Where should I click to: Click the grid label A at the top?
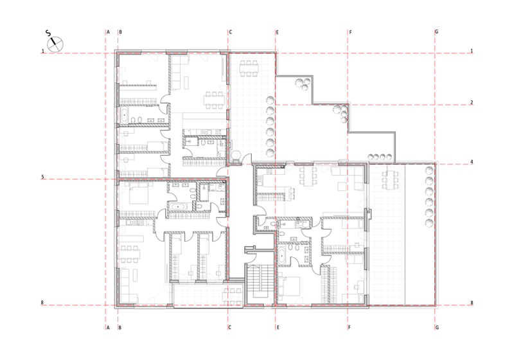point(108,32)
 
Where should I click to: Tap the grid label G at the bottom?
point(437,327)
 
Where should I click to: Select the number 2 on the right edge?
point(472,103)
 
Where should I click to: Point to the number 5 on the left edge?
point(42,177)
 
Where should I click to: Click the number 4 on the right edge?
point(472,162)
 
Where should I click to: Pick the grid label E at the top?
point(278,32)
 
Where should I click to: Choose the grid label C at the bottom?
point(230,327)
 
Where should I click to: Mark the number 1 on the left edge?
point(42,51)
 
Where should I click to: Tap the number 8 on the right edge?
point(472,303)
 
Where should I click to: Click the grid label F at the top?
point(350,32)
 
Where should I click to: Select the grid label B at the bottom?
point(120,327)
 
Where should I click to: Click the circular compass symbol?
point(55,44)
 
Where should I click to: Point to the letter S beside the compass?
point(49,33)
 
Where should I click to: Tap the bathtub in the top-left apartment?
point(125,115)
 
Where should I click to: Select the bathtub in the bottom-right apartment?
point(282,255)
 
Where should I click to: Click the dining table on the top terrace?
point(249,69)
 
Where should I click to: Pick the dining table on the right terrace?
point(390,179)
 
